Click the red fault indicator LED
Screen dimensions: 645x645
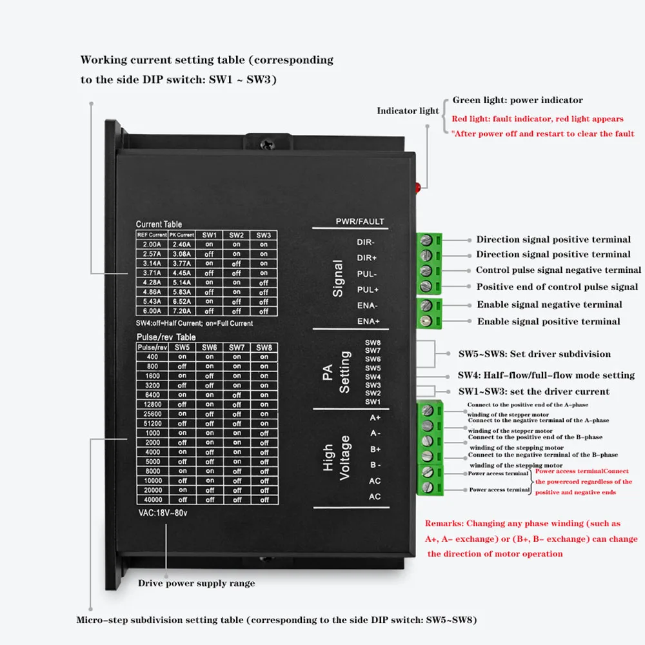click(417, 187)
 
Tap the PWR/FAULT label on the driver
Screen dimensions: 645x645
click(360, 222)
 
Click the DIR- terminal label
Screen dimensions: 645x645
click(366, 243)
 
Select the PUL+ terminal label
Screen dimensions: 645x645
click(368, 290)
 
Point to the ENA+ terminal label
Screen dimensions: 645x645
click(368, 321)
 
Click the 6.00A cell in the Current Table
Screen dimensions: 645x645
click(152, 310)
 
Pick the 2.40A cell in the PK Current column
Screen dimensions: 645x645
click(181, 244)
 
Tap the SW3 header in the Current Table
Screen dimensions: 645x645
click(263, 235)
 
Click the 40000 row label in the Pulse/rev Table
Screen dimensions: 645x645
click(152, 500)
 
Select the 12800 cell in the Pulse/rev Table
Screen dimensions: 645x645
click(152, 404)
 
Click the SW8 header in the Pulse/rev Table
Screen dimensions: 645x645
click(263, 348)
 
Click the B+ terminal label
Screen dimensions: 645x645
click(375, 449)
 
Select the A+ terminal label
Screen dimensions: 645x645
click(375, 417)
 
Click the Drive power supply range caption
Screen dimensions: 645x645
click(196, 583)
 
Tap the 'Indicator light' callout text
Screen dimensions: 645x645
click(408, 111)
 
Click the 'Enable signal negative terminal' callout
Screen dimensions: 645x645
click(549, 304)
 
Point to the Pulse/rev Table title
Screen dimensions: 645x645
click(166, 337)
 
